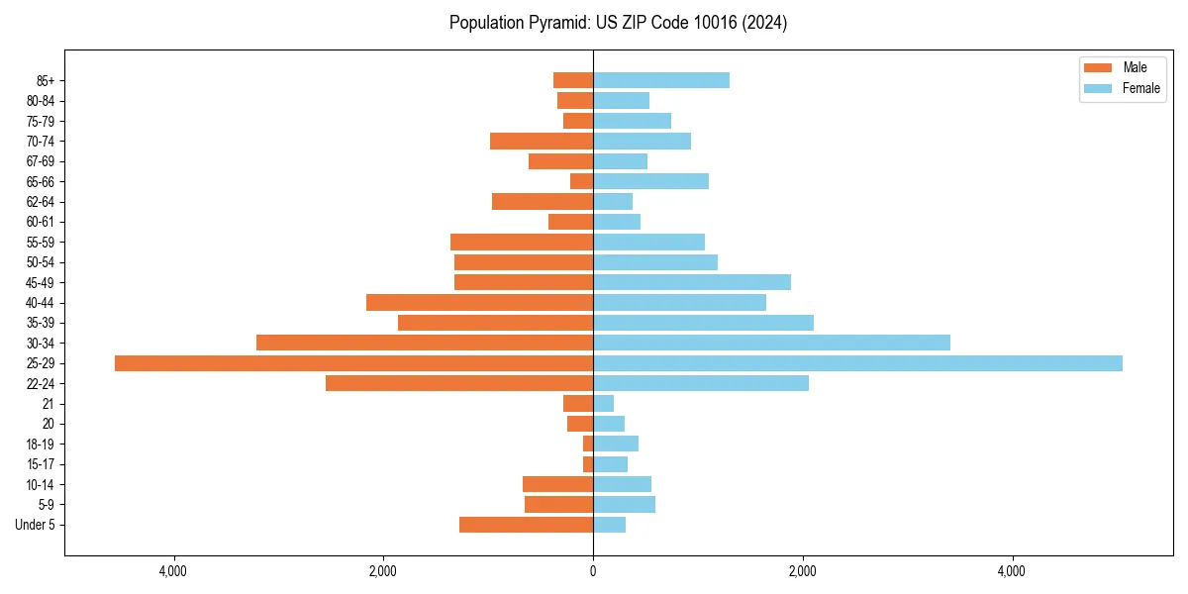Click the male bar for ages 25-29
tap(353, 363)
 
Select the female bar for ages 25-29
tap(857, 363)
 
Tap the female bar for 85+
tap(661, 80)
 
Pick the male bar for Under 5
tap(526, 525)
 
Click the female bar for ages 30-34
tap(771, 343)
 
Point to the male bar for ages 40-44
tap(479, 302)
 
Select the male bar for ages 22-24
tap(459, 383)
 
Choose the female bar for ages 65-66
tap(650, 181)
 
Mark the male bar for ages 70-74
tap(542, 141)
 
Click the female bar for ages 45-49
tap(692, 282)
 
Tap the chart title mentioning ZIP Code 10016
tap(618, 23)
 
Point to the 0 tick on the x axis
tap(593, 571)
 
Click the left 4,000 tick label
tap(173, 571)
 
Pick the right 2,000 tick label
tap(802, 571)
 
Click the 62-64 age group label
tap(42, 202)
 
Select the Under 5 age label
tap(36, 525)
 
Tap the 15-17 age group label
tap(42, 464)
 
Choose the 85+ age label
tap(47, 80)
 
